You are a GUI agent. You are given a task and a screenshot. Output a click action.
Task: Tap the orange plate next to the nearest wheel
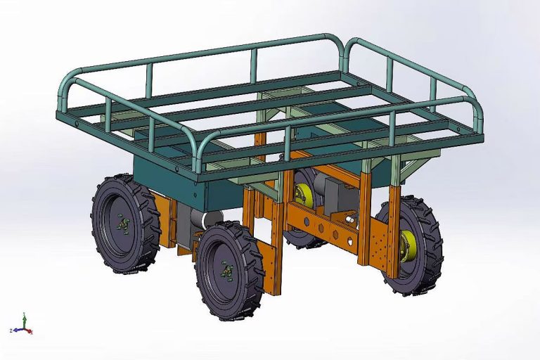(x=271, y=264)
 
